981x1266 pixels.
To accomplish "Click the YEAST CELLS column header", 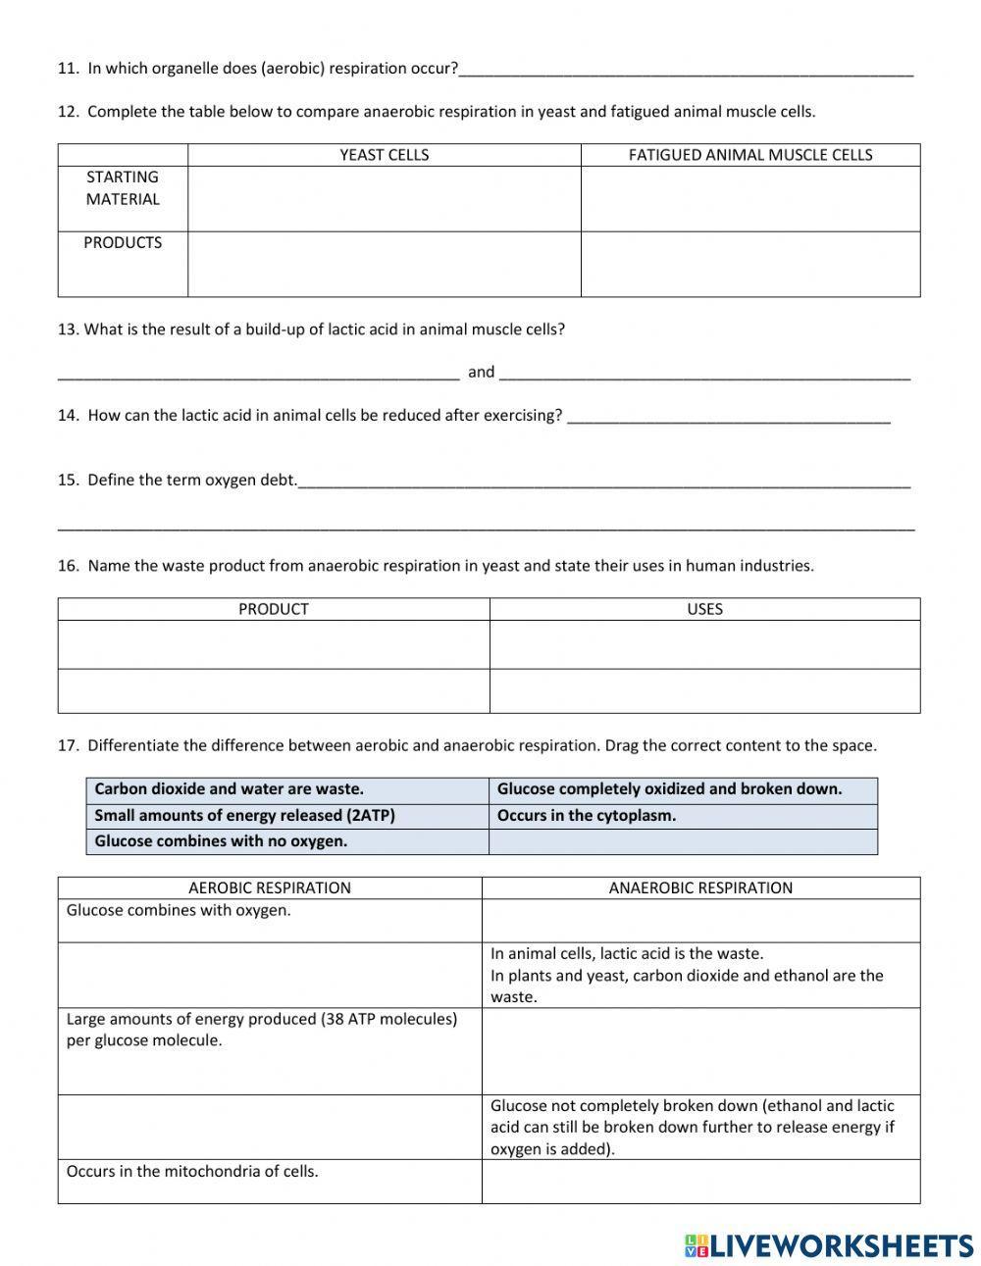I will tap(384, 155).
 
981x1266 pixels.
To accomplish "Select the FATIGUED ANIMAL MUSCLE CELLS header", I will tap(749, 155).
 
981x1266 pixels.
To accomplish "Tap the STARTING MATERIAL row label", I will tap(123, 188).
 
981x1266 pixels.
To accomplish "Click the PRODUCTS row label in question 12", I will tap(123, 243).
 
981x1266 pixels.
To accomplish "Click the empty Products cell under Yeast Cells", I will tap(384, 264).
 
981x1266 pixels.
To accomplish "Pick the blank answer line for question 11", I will tap(686, 70).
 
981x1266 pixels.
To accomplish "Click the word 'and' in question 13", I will tap(481, 372).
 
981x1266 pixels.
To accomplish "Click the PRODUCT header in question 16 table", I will tap(273, 609).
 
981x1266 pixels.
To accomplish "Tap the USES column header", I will tap(704, 609).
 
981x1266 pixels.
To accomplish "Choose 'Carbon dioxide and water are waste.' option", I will tap(229, 789).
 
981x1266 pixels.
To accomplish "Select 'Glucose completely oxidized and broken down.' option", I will tap(669, 789).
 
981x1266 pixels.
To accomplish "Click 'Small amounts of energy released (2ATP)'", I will tap(244, 816).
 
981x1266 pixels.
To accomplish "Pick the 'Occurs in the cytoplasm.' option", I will tap(587, 816).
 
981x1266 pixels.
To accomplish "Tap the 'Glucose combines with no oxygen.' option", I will tap(221, 841).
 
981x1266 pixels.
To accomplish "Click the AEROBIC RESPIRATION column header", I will tap(269, 888).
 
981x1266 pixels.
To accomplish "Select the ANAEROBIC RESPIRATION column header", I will tap(700, 888).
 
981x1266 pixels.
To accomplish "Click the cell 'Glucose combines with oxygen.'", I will tap(179, 911).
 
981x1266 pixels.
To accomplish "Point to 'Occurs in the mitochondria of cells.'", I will tap(192, 1172).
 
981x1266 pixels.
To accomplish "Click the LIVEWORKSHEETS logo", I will tap(828, 1245).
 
